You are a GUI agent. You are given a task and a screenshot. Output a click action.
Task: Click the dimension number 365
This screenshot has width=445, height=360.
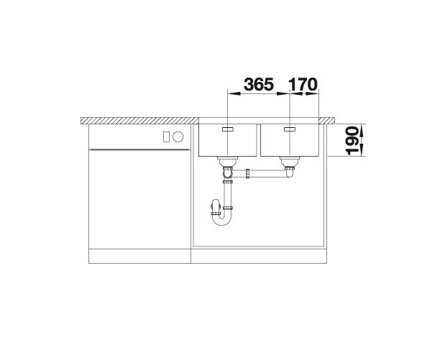(259, 84)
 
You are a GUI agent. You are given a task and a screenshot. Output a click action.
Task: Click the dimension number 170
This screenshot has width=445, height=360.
(303, 84)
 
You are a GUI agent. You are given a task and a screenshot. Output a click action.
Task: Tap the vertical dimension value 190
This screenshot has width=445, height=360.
(352, 141)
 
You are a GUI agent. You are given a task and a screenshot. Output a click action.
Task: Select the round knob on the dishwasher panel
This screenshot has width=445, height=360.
(178, 137)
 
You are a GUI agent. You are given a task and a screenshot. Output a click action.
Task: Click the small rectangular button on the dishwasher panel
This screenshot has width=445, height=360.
(166, 137)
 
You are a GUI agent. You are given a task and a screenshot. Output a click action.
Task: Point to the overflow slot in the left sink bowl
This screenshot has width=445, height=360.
(228, 129)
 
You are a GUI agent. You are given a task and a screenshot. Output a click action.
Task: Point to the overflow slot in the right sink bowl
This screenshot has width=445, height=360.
(290, 129)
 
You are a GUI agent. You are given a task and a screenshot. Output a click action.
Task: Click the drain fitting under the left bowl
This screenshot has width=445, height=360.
(227, 162)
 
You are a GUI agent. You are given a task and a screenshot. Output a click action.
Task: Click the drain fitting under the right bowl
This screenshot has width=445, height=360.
(289, 162)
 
